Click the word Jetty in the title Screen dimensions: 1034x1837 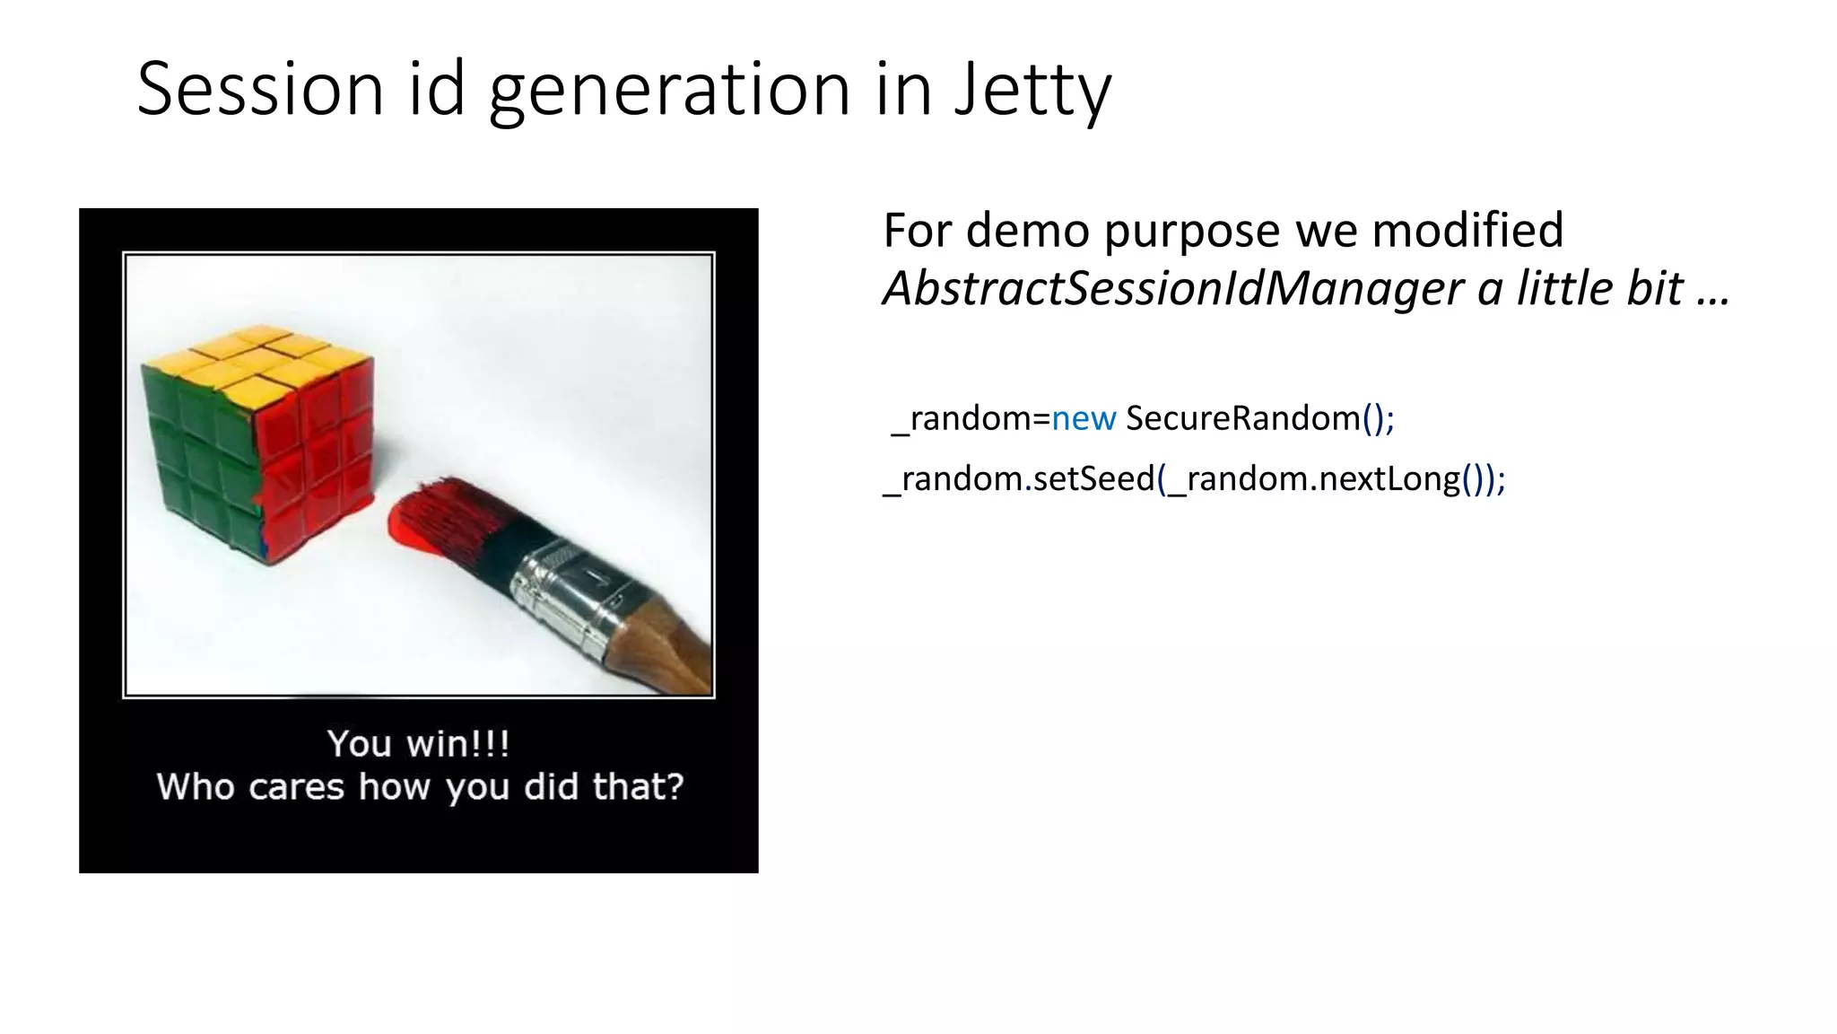(1032, 90)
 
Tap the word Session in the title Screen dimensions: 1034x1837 (260, 90)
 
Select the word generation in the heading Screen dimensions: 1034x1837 (669, 90)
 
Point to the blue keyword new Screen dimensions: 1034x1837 (1084, 418)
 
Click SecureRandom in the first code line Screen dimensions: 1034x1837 (1243, 418)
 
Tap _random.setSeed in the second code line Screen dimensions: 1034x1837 (1019, 478)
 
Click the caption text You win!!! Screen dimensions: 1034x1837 (419, 743)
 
